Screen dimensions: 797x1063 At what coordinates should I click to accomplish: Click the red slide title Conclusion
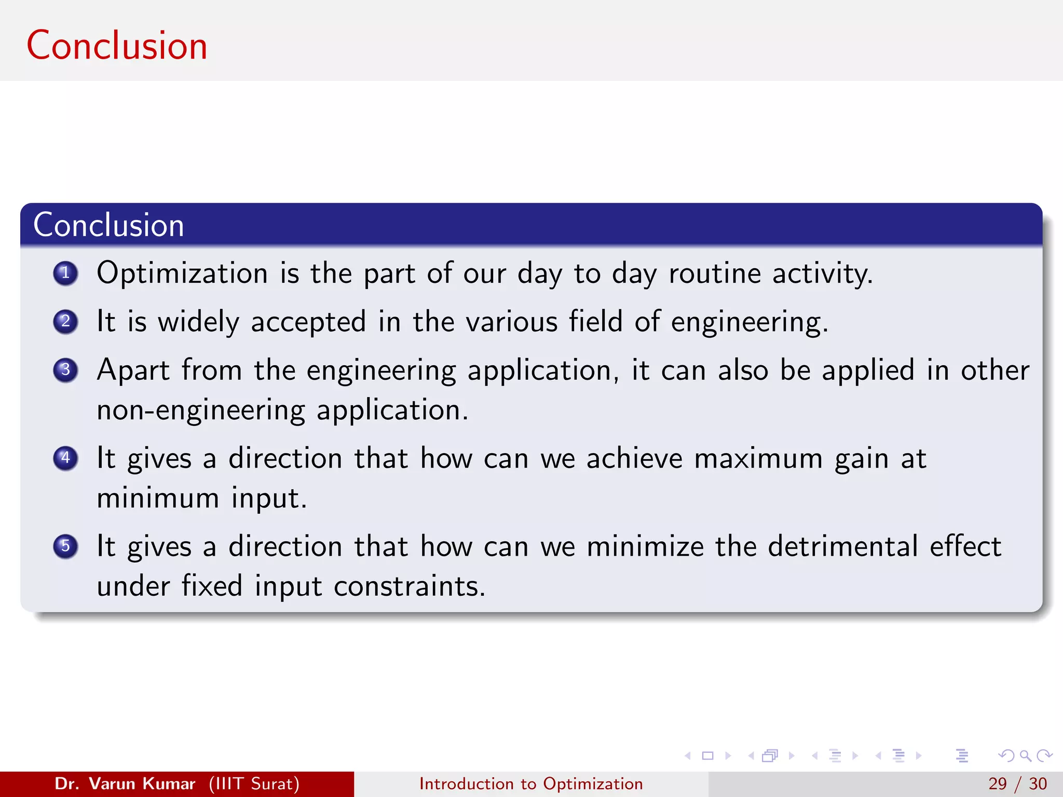click(117, 46)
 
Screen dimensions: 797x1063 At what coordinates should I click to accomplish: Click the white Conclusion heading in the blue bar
click(108, 225)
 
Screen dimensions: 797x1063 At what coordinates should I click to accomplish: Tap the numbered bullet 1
click(65, 273)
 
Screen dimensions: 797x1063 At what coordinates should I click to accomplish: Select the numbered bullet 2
click(65, 321)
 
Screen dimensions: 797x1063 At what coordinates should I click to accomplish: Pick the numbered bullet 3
click(65, 370)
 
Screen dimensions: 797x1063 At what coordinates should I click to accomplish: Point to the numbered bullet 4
click(65, 458)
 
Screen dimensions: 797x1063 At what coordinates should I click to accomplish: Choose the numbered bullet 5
click(65, 546)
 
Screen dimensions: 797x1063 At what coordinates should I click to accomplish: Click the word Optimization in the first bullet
click(182, 273)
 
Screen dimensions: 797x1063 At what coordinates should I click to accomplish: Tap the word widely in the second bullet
click(198, 322)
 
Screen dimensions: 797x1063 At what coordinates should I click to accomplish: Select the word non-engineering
click(200, 410)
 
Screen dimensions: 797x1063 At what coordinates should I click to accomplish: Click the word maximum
click(758, 459)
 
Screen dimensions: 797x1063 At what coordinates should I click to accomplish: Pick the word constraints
click(408, 586)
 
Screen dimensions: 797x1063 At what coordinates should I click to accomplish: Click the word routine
click(714, 273)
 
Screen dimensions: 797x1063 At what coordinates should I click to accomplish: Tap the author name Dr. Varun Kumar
click(125, 784)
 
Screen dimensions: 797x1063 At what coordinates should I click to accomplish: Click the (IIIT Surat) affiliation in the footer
click(254, 784)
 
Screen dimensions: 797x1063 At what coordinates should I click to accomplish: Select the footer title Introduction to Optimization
click(531, 784)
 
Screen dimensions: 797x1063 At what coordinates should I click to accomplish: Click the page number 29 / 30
click(1017, 784)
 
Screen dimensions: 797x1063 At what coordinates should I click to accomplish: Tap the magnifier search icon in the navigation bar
click(1025, 756)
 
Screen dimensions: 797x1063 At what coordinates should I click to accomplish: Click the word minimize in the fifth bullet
click(645, 546)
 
